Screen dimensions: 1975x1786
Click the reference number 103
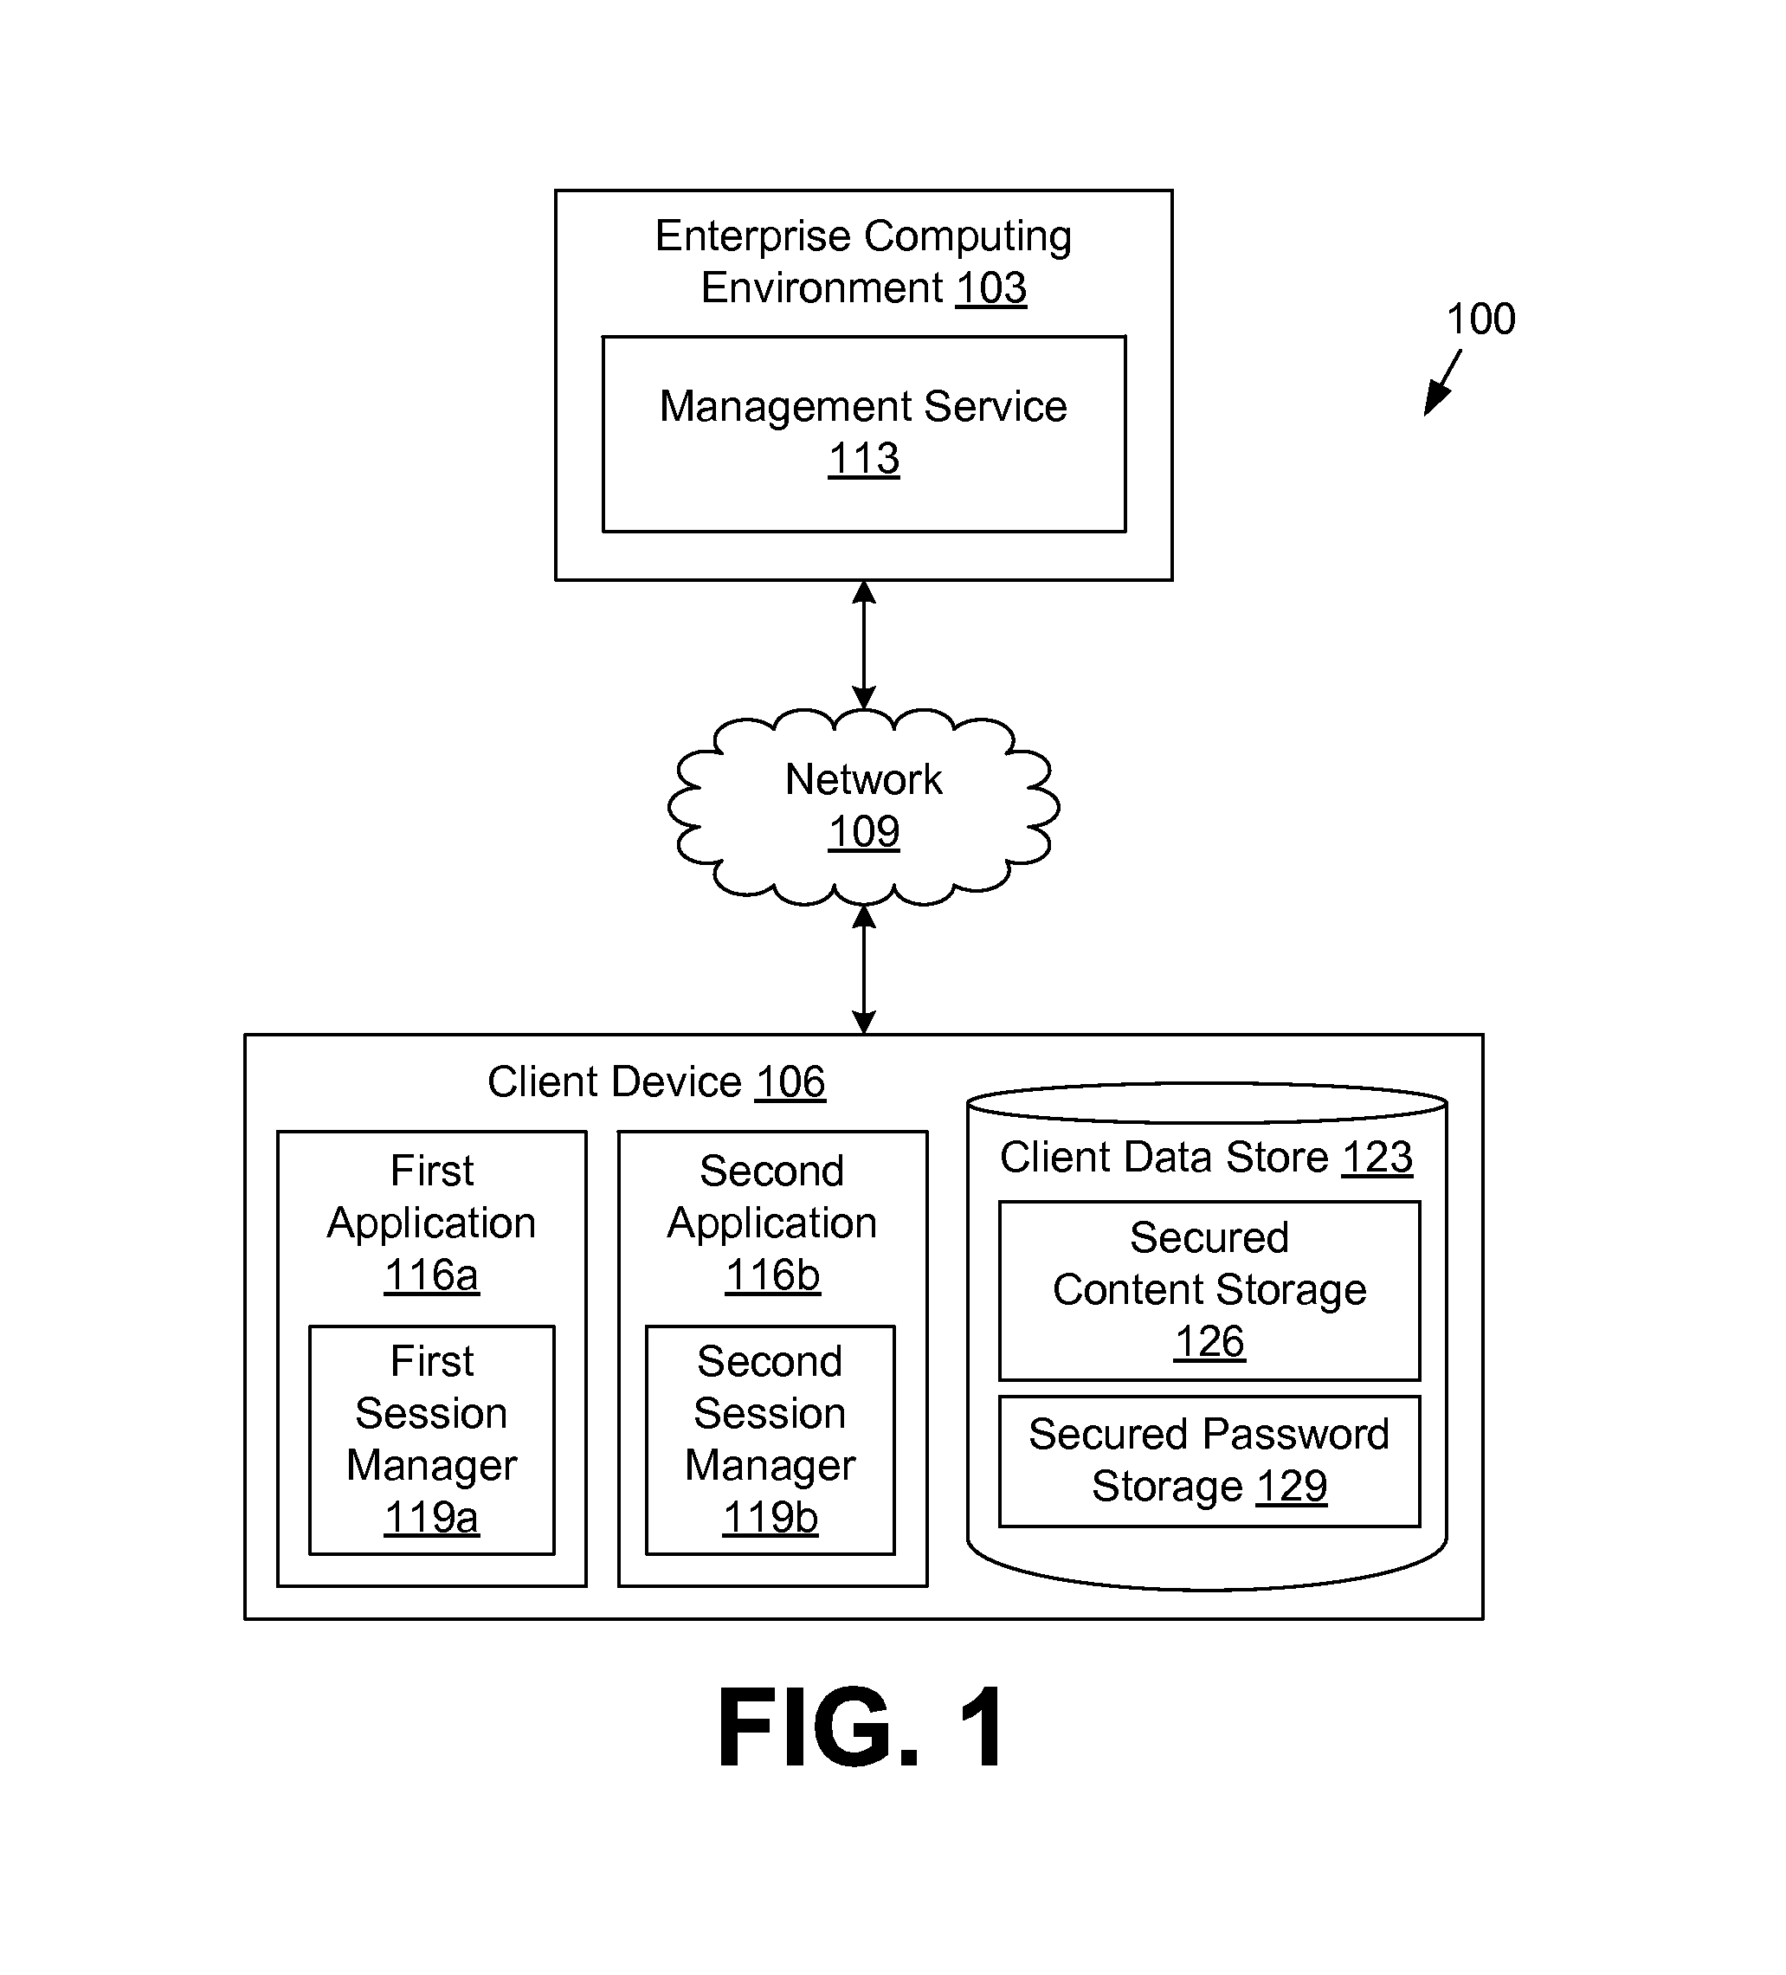(990, 288)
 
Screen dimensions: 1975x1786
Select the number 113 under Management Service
(863, 459)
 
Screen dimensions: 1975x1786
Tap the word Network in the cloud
(863, 780)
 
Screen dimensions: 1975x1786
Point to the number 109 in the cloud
(863, 832)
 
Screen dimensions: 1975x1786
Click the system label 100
(1480, 319)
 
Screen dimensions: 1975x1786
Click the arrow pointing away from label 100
(1441, 385)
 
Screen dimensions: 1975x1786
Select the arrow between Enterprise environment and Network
(863, 644)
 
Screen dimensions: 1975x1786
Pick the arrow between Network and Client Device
(863, 968)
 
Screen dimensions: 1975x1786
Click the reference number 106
(790, 1082)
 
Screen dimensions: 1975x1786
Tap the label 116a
(431, 1275)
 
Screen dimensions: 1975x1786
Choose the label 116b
(772, 1275)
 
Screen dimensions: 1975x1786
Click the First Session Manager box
(431, 1439)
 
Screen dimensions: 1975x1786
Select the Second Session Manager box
(770, 1439)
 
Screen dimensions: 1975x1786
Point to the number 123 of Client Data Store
(1377, 1158)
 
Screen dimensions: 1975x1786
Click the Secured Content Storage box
(1209, 1290)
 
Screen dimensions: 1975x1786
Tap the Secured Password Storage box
(1209, 1461)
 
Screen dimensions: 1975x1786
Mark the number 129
(1292, 1488)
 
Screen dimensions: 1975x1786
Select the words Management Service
(863, 407)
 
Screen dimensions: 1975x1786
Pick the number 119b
(770, 1518)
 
